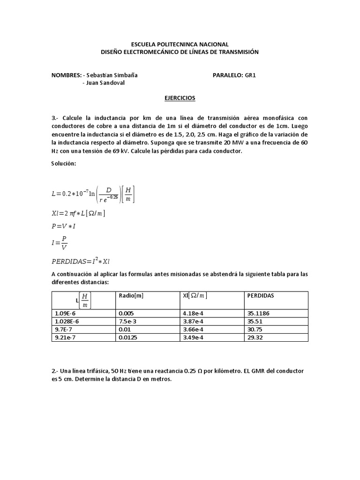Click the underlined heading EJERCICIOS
click(180, 98)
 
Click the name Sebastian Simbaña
click(112, 75)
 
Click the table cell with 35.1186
click(258, 313)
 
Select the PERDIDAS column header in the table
click(261, 296)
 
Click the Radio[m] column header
click(131, 296)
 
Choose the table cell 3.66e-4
click(193, 330)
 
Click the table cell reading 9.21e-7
click(65, 338)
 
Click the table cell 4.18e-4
click(193, 313)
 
